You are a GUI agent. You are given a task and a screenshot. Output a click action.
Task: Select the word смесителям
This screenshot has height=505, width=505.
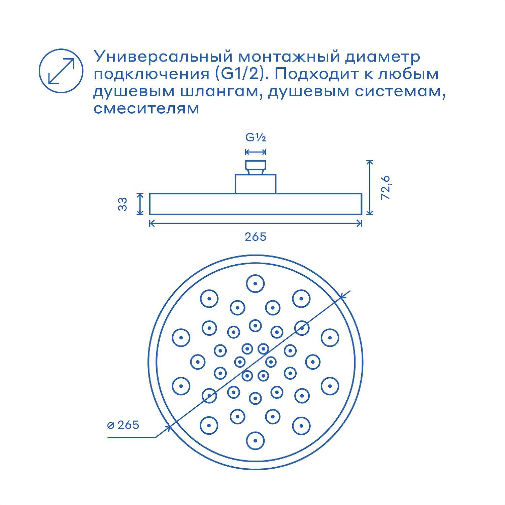pyautogui.click(x=146, y=109)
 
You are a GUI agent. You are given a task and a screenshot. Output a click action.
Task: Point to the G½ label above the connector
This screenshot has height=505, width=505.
pyautogui.click(x=256, y=138)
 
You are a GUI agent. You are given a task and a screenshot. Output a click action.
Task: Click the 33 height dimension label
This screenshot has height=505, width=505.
pyautogui.click(x=123, y=204)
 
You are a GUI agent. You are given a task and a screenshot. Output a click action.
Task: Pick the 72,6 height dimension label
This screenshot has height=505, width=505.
pyautogui.click(x=385, y=187)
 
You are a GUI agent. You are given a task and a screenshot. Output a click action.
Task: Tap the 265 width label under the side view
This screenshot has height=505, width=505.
pyautogui.click(x=256, y=237)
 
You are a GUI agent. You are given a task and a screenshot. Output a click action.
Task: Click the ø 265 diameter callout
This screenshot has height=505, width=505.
pyautogui.click(x=123, y=425)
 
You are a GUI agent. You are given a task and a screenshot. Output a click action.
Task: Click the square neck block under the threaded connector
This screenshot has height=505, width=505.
pyautogui.click(x=256, y=184)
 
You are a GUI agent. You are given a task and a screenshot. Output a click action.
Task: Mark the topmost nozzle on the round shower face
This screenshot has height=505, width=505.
pyautogui.click(x=255, y=283)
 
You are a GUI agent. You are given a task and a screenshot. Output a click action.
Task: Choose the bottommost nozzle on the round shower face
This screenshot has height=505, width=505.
pyautogui.click(x=255, y=441)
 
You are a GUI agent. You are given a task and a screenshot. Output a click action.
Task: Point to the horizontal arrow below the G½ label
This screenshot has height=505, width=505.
pyautogui.click(x=256, y=152)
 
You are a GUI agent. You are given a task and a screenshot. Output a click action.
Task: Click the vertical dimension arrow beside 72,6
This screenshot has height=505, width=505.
pyautogui.click(x=370, y=187)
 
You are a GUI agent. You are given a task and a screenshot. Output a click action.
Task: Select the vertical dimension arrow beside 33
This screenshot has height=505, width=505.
pyautogui.click(x=140, y=204)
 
